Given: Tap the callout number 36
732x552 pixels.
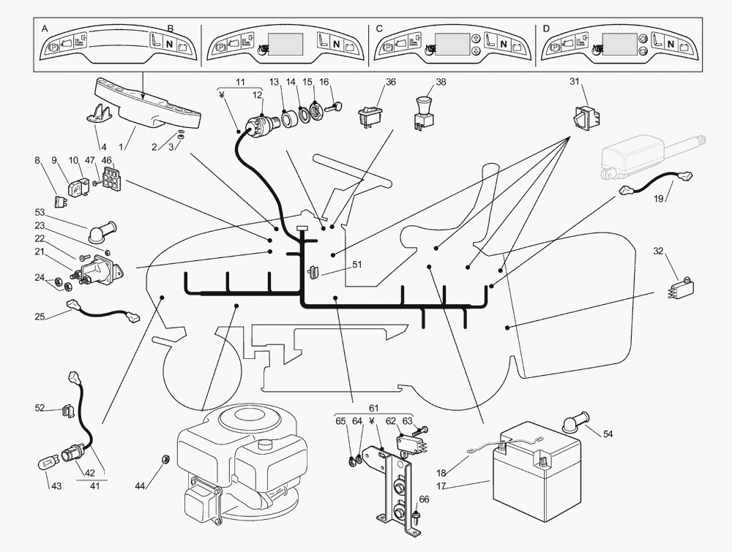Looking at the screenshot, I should point(391,82).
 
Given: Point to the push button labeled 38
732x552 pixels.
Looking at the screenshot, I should point(422,110).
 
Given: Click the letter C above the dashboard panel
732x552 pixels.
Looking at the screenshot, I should point(379,28).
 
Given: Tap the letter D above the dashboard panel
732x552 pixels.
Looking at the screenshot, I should point(546,28).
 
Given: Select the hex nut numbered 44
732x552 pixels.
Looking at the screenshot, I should point(165,459).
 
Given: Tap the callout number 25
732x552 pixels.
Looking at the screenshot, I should point(40,317).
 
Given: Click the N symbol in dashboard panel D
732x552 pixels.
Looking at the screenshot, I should point(670,44).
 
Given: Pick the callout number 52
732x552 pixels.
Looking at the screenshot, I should point(40,408).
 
